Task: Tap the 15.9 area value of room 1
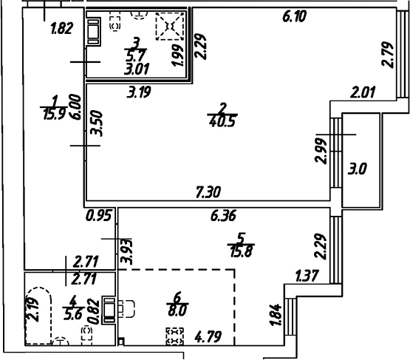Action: (54, 114)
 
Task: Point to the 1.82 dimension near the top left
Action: (61, 30)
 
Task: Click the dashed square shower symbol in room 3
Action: (168, 27)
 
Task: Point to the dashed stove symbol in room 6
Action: (174, 338)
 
